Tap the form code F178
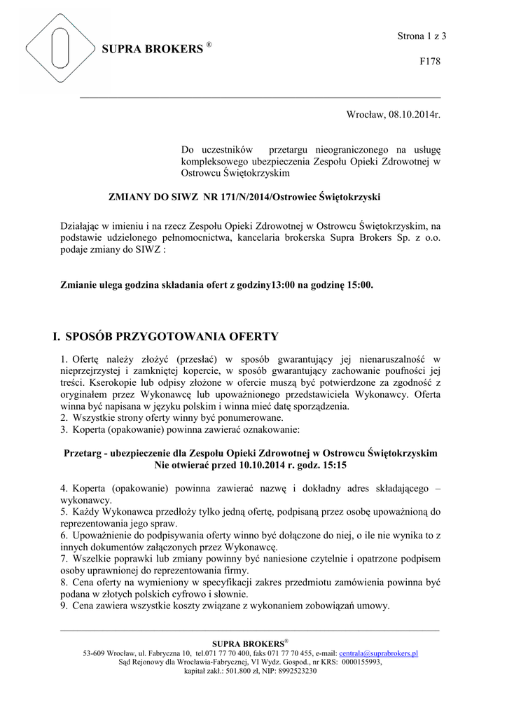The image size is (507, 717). pos(429,62)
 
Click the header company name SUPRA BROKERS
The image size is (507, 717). pos(152,49)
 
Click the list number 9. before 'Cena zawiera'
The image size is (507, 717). pos(64,606)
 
